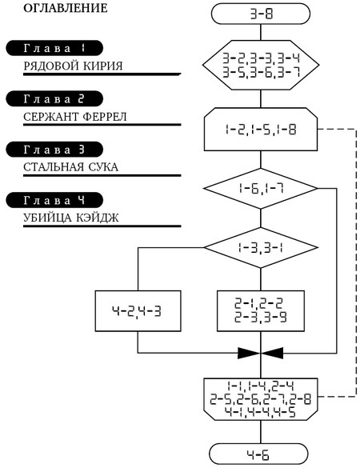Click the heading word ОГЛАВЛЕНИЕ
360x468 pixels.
[x=66, y=8]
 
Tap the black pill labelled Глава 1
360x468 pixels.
[x=54, y=48]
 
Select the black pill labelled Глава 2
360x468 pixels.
[x=54, y=98]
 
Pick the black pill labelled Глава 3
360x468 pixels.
[x=54, y=150]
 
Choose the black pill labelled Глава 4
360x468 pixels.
[x=54, y=200]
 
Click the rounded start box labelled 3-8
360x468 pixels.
[x=261, y=14]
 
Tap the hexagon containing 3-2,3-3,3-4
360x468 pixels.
[x=261, y=65]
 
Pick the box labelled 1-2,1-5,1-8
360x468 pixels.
[x=261, y=130]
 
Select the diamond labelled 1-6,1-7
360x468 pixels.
[x=261, y=188]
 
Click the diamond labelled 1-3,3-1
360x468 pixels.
[x=261, y=247]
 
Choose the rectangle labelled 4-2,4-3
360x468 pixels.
[x=138, y=311]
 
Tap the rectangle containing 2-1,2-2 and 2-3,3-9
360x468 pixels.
[x=261, y=311]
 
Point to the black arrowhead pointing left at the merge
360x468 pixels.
[x=272, y=353]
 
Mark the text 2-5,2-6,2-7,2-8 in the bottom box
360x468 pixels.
[x=261, y=399]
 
